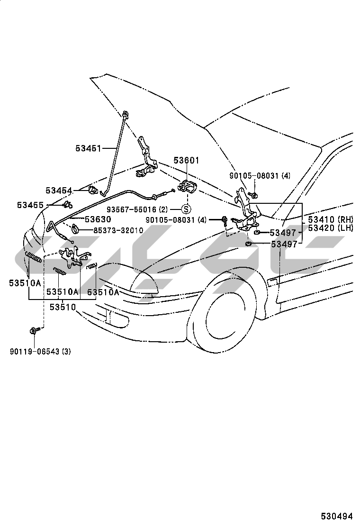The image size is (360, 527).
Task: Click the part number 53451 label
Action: click(x=88, y=148)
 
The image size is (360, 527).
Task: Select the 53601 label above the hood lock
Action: click(x=186, y=161)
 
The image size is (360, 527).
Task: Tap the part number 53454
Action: click(x=59, y=191)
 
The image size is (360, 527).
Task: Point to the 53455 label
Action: click(x=30, y=205)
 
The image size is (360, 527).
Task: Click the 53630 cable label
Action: click(x=98, y=219)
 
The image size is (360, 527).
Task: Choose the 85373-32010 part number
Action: click(x=118, y=230)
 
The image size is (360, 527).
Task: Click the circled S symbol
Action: click(x=186, y=209)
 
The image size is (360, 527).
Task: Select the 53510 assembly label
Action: click(x=63, y=307)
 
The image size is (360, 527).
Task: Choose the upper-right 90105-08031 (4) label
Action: click(x=260, y=176)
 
